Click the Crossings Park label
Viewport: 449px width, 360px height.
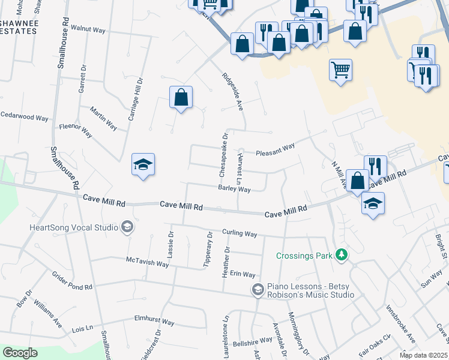pos(304,256)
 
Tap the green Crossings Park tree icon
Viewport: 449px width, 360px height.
pos(342,255)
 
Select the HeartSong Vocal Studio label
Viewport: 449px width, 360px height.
pos(74,227)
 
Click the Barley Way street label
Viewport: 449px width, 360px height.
pos(234,189)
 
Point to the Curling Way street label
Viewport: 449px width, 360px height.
pos(240,233)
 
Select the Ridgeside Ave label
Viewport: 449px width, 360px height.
pos(232,91)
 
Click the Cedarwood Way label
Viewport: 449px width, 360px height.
pos(24,117)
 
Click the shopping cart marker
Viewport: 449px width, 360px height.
pos(340,70)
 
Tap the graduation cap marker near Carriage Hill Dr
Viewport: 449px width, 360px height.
pos(143,164)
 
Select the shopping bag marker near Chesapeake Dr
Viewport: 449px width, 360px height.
pos(181,97)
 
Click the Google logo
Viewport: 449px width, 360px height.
pos(20,353)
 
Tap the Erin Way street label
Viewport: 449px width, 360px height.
pos(243,274)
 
